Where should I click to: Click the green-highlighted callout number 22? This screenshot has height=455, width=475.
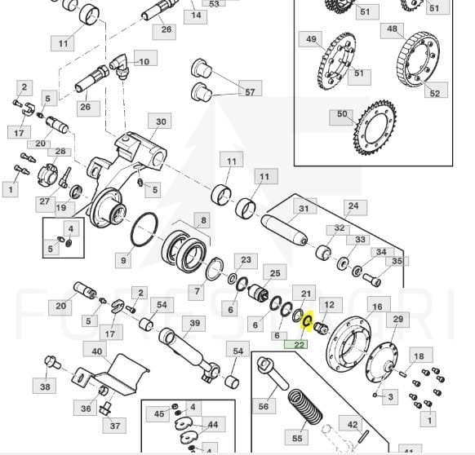click(296, 344)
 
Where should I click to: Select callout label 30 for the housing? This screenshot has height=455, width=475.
click(160, 121)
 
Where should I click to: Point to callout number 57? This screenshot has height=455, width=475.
click(250, 91)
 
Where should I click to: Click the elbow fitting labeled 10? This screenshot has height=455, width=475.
click(120, 65)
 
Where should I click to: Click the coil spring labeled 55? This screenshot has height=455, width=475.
click(305, 407)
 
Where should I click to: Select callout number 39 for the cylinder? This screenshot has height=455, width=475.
click(194, 324)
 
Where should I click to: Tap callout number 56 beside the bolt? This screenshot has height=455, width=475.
click(264, 405)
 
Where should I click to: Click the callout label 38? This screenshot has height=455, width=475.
click(44, 386)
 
